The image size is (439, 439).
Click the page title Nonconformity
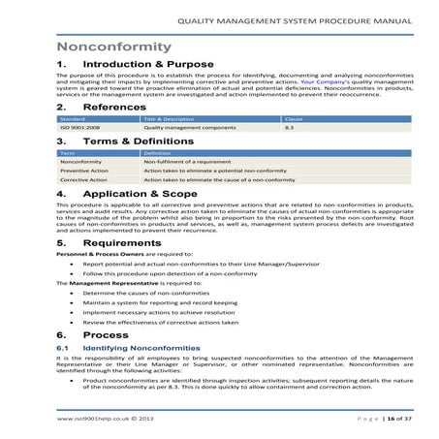(114, 47)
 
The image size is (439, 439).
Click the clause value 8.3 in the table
(288, 127)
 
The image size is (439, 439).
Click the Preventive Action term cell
(84, 171)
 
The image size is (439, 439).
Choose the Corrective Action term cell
(84, 180)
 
